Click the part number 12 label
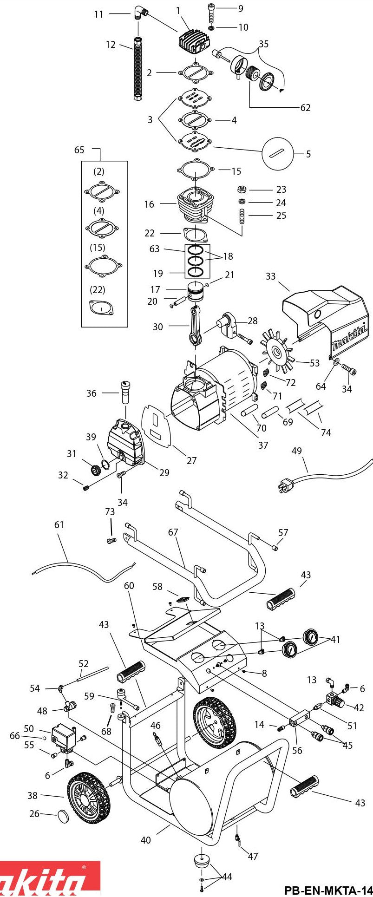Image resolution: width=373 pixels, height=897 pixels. (x=110, y=45)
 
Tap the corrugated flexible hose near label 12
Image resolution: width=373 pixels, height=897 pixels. (x=137, y=70)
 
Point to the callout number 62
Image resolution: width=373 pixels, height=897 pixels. (x=305, y=108)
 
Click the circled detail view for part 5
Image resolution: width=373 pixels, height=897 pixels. (x=278, y=154)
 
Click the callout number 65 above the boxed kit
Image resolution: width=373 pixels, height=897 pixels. (x=79, y=150)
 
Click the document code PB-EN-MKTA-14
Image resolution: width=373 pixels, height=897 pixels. (x=328, y=890)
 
